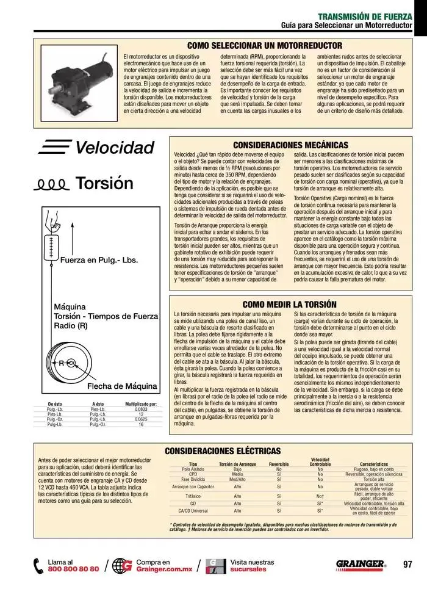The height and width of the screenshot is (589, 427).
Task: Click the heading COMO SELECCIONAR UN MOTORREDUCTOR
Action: pos(264,46)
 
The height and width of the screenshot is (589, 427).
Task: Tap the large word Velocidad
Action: pos(115,148)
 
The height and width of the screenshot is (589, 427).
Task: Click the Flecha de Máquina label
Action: pos(122,386)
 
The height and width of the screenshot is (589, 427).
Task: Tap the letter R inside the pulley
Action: pos(61,363)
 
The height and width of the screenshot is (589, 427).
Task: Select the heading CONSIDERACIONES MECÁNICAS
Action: pos(290,145)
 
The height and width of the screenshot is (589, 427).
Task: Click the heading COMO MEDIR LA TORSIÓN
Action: pos(289,304)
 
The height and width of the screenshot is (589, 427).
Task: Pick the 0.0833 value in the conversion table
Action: pos(141,409)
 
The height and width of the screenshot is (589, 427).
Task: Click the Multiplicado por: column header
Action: pos(141,404)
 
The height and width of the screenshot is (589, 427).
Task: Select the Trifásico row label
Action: pos(193,496)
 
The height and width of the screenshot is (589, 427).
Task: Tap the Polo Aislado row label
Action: pos(193,468)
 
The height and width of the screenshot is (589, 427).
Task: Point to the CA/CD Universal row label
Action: pos(193,511)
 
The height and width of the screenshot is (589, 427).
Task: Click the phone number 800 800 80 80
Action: pos(73,569)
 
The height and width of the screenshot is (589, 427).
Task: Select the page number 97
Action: pos(408,564)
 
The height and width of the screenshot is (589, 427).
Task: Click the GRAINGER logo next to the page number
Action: pos(361,564)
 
